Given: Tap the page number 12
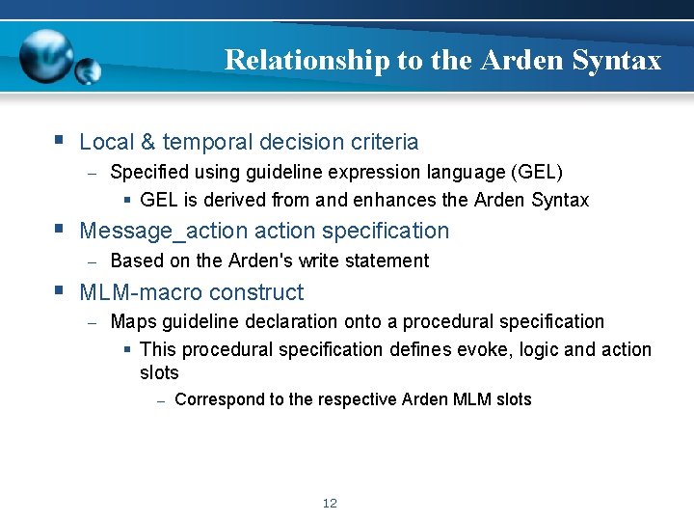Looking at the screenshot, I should (x=330, y=503).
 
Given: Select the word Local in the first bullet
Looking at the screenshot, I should (x=107, y=142).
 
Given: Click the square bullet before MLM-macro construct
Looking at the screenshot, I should (x=60, y=290).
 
